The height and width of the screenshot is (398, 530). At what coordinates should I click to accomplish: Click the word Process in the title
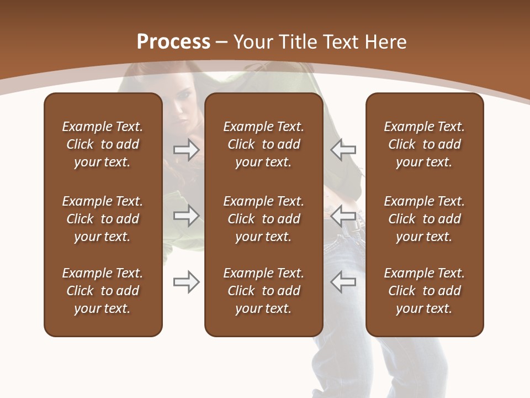click(173, 42)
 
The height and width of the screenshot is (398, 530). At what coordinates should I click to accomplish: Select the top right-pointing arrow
click(187, 150)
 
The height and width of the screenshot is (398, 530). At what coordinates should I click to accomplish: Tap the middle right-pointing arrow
click(187, 216)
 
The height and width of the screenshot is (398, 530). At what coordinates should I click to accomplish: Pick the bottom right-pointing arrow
click(187, 282)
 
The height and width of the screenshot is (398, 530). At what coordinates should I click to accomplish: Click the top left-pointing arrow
click(343, 150)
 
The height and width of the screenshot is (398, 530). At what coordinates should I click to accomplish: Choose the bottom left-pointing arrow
click(343, 282)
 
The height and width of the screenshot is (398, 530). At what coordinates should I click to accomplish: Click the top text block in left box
click(103, 144)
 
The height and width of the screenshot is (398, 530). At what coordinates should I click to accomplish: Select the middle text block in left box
click(103, 219)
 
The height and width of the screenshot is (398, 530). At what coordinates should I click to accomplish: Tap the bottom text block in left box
click(103, 291)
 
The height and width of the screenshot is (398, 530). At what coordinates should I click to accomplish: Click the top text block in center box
click(263, 144)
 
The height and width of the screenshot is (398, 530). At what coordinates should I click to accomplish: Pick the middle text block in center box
click(263, 219)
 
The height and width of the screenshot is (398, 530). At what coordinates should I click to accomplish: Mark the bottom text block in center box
click(263, 291)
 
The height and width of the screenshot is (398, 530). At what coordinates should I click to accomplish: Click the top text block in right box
click(424, 144)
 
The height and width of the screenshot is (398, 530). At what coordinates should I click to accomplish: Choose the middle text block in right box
click(424, 219)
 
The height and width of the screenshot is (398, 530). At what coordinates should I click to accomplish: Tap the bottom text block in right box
click(424, 291)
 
